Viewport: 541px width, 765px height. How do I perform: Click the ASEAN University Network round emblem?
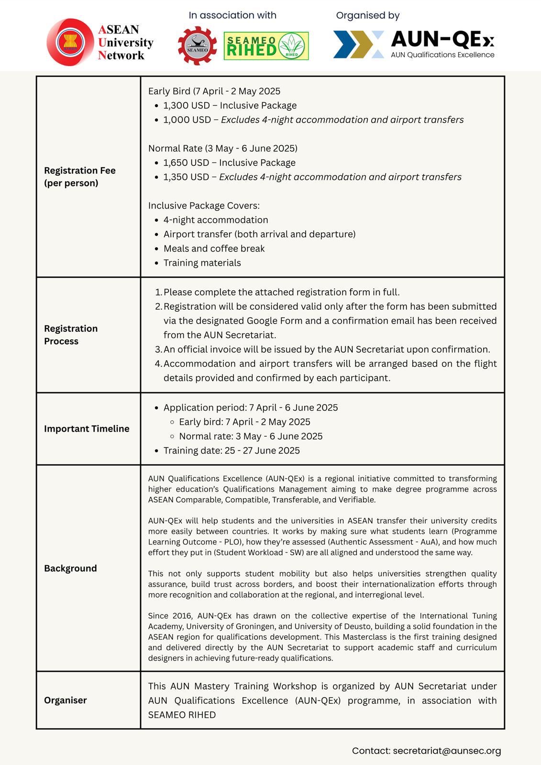point(70,43)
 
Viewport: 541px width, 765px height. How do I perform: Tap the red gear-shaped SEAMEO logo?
point(197,46)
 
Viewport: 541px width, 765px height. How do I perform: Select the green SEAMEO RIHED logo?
point(266,46)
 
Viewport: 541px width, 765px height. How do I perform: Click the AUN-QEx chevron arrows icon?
point(359,44)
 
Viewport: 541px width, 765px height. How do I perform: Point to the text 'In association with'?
point(232,15)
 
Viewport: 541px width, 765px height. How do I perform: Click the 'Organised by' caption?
point(367,15)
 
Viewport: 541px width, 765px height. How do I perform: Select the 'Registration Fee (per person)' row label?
point(80,177)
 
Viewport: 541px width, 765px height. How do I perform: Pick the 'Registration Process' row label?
point(71,335)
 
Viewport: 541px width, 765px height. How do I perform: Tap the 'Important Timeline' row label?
point(87,429)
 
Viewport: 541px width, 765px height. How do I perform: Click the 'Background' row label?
point(70,568)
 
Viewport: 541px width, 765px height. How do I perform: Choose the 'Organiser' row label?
point(66,700)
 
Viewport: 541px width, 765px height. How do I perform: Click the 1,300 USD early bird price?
point(187,106)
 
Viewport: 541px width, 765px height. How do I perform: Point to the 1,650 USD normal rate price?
point(186,163)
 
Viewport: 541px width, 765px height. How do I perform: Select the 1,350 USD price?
point(186,177)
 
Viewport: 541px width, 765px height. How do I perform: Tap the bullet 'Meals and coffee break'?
point(214,249)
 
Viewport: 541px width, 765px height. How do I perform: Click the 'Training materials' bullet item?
point(202,263)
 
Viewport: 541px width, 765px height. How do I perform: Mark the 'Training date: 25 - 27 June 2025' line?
point(232,451)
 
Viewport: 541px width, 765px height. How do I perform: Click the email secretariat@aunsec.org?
point(447,751)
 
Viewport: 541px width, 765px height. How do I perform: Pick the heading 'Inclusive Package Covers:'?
point(204,206)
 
